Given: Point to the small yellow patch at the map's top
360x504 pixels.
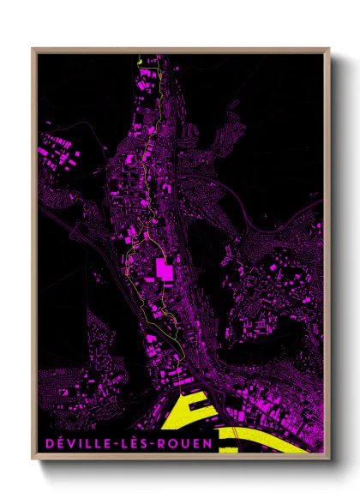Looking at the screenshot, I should tap(139, 59).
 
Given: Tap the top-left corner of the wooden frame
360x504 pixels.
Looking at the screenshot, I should tap(33, 49).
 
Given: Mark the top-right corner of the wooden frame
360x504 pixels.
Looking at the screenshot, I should tap(329, 49).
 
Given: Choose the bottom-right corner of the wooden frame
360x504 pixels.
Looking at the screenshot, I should tap(329, 461).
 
